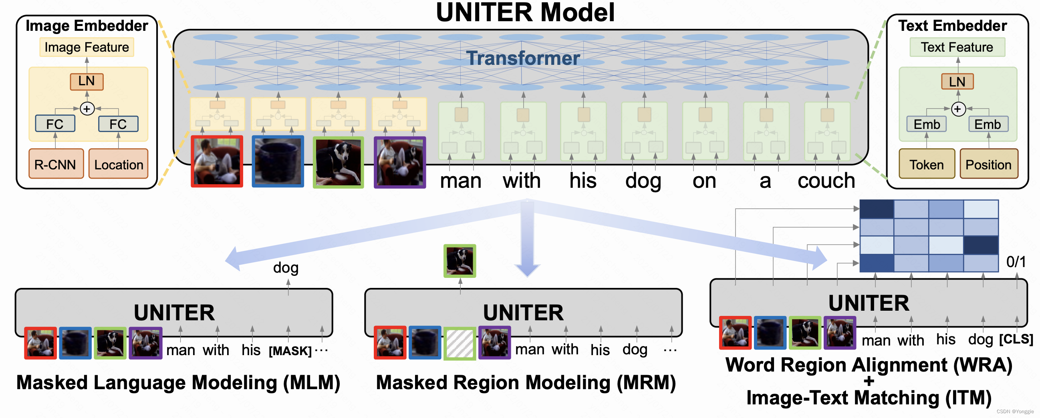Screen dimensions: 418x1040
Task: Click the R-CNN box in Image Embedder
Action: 56,164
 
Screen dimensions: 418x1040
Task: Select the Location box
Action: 118,164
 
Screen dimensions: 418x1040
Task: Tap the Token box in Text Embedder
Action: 926,164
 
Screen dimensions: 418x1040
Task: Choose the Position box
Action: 988,164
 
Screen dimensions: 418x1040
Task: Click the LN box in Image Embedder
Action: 87,81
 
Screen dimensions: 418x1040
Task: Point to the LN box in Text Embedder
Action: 957,82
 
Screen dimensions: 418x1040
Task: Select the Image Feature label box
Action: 87,47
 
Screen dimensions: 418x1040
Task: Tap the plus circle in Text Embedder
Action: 957,109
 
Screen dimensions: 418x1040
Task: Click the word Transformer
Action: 523,58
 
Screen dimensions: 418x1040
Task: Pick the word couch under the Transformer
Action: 826,181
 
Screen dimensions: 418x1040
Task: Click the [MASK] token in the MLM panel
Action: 290,351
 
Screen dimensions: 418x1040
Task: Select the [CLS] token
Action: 1016,339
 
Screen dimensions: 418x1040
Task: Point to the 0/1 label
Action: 1016,262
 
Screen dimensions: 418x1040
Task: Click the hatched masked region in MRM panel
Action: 460,344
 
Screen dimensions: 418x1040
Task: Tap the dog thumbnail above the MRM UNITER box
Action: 460,261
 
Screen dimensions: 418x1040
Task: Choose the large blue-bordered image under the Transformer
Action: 278,161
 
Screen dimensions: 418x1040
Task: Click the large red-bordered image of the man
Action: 217,161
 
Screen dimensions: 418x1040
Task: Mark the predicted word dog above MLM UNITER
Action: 285,267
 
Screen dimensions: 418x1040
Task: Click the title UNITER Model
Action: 525,12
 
